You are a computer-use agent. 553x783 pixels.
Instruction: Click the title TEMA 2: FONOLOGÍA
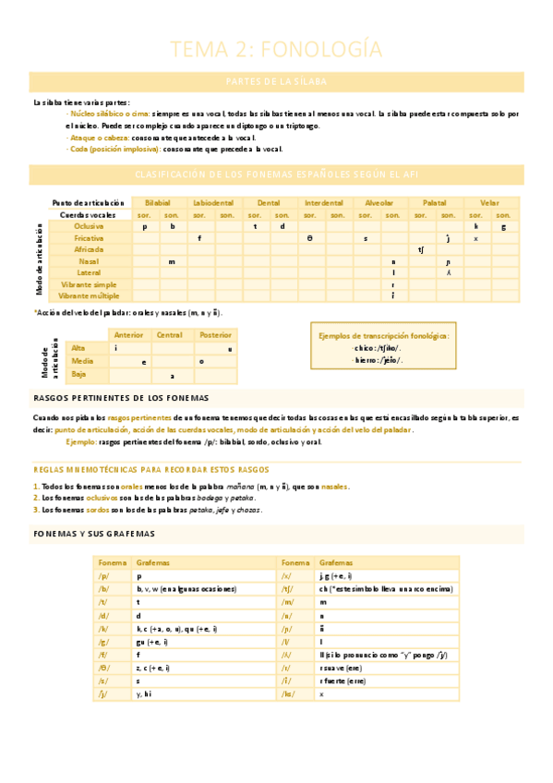pyautogui.click(x=277, y=49)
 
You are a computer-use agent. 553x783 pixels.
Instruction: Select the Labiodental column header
pyautogui.click(x=213, y=202)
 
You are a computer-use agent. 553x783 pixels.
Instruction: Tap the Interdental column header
pyautogui.click(x=323, y=202)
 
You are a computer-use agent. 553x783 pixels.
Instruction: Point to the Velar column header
pyautogui.click(x=489, y=202)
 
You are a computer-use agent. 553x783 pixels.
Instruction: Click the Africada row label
pyautogui.click(x=90, y=249)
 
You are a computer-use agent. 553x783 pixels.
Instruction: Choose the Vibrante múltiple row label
pyautogui.click(x=90, y=295)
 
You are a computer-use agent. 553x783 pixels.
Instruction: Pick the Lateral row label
pyautogui.click(x=90, y=272)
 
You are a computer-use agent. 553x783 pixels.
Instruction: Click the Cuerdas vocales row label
pyautogui.click(x=89, y=214)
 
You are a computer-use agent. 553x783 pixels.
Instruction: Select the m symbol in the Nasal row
pyautogui.click(x=172, y=261)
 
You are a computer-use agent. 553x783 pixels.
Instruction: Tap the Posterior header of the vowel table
pyautogui.click(x=215, y=335)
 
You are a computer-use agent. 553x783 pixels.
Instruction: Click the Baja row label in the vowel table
pyautogui.click(x=79, y=375)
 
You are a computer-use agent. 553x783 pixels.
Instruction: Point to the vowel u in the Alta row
pyautogui.click(x=229, y=348)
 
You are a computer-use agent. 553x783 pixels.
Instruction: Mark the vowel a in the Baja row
pyautogui.click(x=172, y=376)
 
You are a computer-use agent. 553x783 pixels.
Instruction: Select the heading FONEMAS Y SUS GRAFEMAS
pyautogui.click(x=94, y=534)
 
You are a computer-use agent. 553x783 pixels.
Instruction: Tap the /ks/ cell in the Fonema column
pyautogui.click(x=290, y=693)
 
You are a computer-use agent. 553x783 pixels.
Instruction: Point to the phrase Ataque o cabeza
pyautogui.click(x=99, y=137)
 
